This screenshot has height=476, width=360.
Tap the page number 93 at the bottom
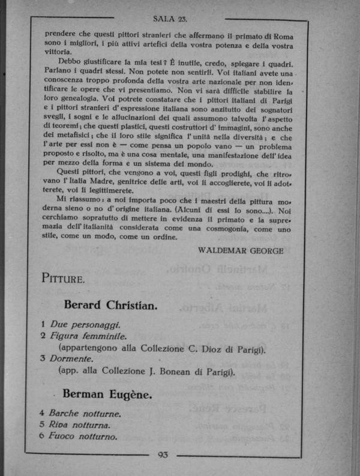click(163, 454)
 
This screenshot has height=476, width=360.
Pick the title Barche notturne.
click(85, 414)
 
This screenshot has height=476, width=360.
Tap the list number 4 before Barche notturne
click(42, 414)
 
